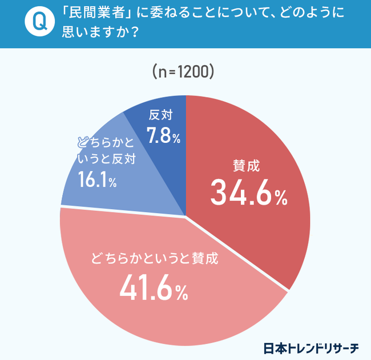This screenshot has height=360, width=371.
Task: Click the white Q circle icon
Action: pyautogui.click(x=38, y=22)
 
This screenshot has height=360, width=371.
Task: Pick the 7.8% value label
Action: pyautogui.click(x=163, y=137)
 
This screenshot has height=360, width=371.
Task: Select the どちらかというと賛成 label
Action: pyautogui.click(x=154, y=259)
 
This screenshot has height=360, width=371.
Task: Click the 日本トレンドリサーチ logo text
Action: pyautogui.click(x=310, y=347)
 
